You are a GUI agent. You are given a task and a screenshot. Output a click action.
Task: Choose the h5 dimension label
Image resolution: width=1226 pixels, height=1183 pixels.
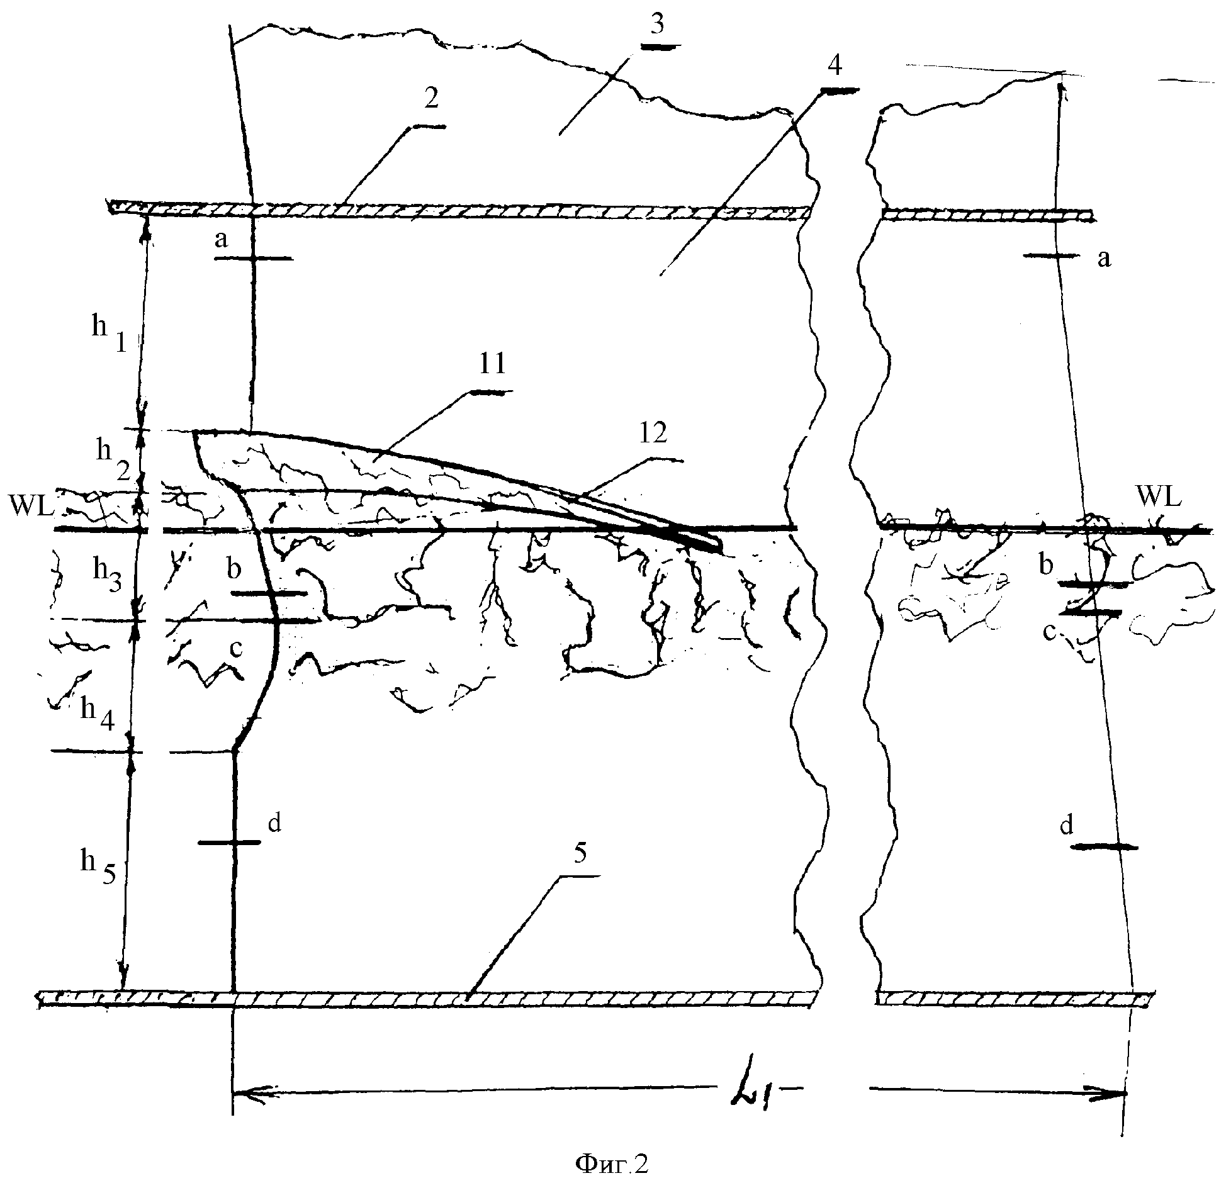click(x=97, y=865)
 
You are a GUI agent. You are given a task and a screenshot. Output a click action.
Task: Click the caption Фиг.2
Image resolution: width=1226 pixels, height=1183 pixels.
click(x=612, y=1164)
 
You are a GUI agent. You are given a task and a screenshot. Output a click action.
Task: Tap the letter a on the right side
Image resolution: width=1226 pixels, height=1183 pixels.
click(x=1104, y=258)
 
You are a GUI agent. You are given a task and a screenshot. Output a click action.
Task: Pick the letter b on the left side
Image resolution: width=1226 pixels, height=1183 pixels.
click(x=234, y=569)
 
